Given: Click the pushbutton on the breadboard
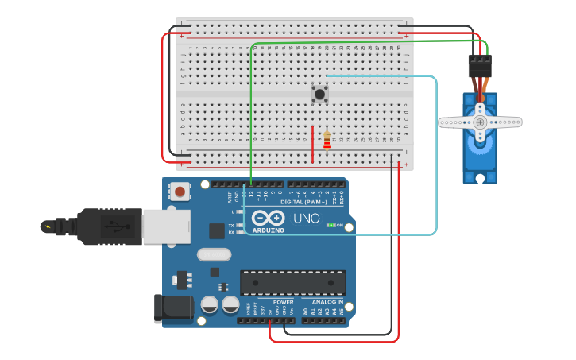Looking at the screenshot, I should point(319,94).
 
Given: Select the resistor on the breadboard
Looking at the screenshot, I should point(327,141).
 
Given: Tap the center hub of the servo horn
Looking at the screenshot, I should point(480,122).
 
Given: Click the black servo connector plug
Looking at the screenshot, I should point(479,65).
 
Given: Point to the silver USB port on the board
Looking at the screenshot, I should point(166,226).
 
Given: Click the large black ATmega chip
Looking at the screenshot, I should point(292,282).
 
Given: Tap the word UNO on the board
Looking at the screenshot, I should point(307,218).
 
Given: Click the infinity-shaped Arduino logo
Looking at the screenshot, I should point(268,218).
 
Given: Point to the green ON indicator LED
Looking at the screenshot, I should point(331,225).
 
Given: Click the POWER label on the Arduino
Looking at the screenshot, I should point(283,302).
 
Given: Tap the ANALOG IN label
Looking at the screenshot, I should point(327,302).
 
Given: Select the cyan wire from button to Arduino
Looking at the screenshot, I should point(436,159).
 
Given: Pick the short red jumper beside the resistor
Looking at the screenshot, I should point(312,143).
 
